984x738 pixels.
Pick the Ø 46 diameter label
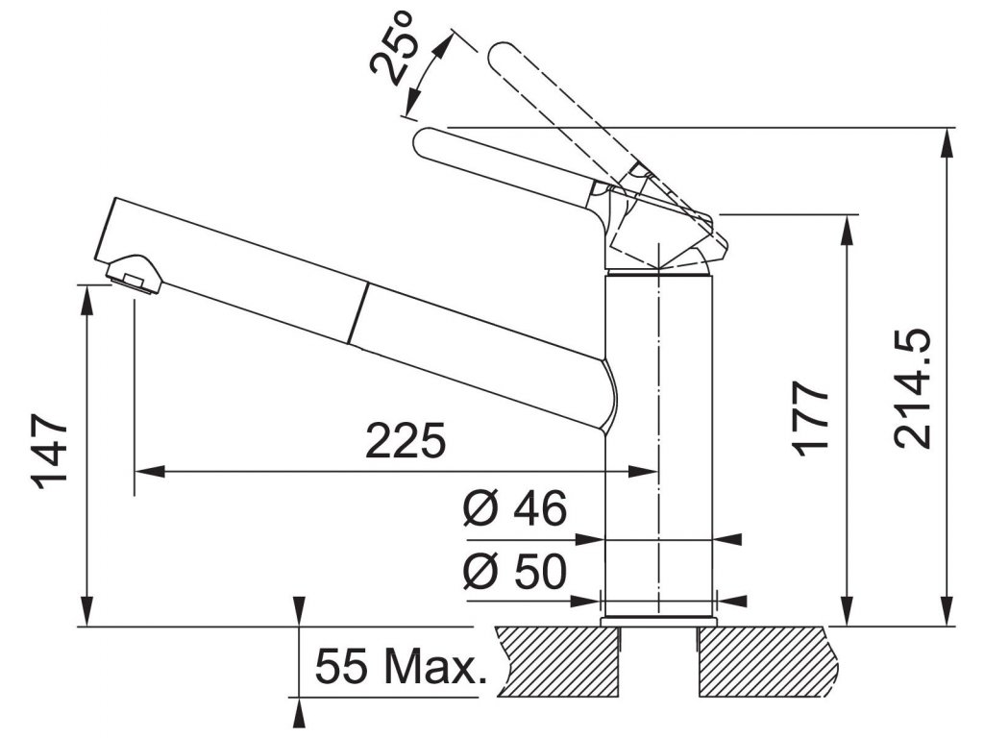[513, 509]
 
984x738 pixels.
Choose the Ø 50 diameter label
[513, 573]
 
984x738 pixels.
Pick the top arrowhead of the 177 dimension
[847, 227]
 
